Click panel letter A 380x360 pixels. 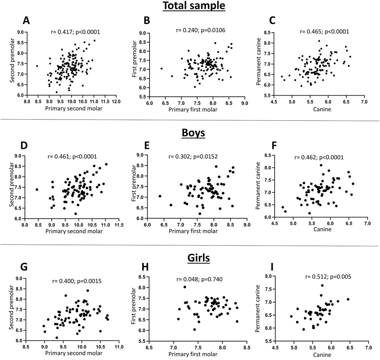26,20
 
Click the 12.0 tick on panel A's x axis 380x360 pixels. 116,101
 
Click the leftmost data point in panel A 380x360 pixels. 37,66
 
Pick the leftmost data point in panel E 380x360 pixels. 160,196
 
